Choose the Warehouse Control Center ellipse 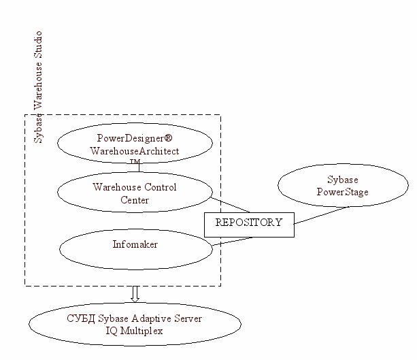click(134, 193)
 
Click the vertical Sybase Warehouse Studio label click(38, 86)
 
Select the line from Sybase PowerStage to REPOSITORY click(322, 214)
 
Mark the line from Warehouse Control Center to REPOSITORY click(231, 205)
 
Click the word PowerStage click(343, 192)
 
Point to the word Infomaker click(135, 244)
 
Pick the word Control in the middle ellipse click(161, 187)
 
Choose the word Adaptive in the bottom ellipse click(152, 318)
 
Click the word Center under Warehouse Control click(135, 200)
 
